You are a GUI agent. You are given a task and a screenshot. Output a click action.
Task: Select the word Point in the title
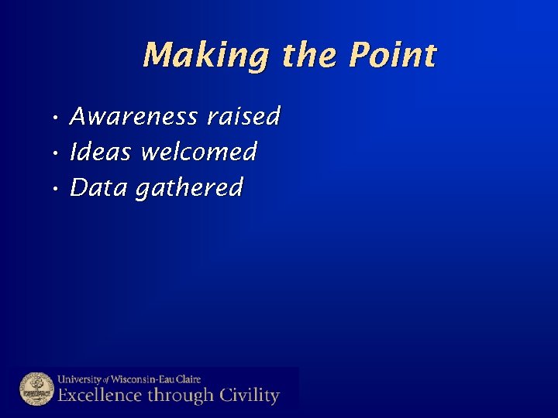point(393,56)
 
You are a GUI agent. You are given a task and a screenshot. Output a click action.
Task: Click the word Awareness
point(134,117)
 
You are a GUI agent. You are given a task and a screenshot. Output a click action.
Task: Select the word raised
point(243,117)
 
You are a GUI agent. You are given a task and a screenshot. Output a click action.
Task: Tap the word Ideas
point(101,152)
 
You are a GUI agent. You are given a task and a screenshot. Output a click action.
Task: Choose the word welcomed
point(199,152)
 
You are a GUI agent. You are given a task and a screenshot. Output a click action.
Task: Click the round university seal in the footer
point(36,389)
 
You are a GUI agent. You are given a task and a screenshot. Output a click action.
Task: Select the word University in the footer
point(80,379)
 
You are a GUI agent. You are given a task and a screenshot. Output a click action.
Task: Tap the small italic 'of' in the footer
point(107,380)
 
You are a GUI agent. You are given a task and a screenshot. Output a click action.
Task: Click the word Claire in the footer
point(187,379)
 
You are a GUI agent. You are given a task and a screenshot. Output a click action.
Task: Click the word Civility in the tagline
point(247,396)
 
